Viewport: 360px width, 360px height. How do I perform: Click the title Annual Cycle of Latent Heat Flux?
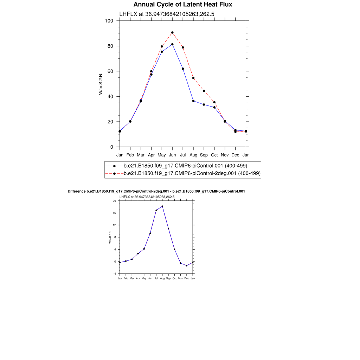coord(183,5)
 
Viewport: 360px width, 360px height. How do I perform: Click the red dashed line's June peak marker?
coord(172,33)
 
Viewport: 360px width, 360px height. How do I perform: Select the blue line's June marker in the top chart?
coord(172,44)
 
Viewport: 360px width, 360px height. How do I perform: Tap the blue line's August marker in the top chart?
coord(193,101)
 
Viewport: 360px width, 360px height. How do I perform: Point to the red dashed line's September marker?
coord(204,91)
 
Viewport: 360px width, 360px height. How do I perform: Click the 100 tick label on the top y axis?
coord(109,21)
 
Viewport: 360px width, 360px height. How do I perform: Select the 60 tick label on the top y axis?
coord(110,71)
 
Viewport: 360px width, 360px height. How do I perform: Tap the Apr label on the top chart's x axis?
coord(151,155)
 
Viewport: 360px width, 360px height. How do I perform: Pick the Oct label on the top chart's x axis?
coord(214,155)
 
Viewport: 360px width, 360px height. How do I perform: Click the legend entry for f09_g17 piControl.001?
coord(185,166)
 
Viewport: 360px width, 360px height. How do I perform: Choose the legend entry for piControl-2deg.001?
coord(192,173)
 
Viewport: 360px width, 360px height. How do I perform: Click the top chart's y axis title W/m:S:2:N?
coord(101,84)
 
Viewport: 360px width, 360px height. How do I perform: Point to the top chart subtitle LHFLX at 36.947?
coord(167,14)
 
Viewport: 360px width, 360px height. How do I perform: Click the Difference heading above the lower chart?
coord(156,191)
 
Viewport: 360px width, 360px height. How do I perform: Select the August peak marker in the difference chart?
coord(162,206)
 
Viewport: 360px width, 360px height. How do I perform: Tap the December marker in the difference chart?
coord(187,265)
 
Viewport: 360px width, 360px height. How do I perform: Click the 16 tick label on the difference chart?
coord(114,213)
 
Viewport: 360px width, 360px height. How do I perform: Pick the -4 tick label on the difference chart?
coord(114,274)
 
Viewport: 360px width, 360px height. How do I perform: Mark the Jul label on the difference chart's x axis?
coord(156,278)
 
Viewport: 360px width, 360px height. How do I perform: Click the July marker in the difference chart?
coord(156,210)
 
